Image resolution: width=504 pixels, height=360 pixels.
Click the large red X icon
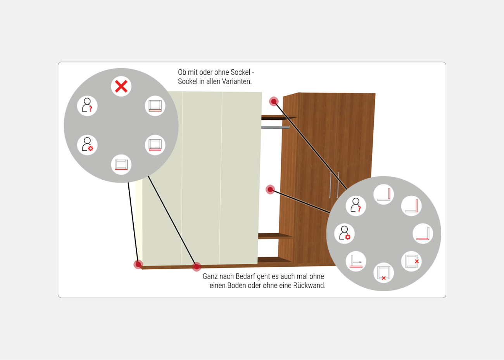(x=121, y=86)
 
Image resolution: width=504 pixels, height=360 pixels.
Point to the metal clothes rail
(x=275, y=127)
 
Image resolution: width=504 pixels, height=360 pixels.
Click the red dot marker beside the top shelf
(x=274, y=102)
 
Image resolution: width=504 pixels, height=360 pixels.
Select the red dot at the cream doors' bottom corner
(x=138, y=264)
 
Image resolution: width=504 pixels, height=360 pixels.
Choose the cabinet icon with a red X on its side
(x=411, y=261)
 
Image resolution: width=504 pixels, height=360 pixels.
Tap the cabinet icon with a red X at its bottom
(x=384, y=273)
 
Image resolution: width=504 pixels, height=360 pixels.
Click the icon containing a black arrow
(x=356, y=261)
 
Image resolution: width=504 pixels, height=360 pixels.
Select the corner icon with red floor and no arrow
(x=423, y=234)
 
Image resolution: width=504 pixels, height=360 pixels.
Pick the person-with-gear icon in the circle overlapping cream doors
(x=87, y=145)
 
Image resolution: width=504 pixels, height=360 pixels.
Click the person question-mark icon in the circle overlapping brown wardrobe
(x=356, y=206)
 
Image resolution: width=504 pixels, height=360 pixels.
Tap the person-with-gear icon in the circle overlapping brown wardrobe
(x=345, y=234)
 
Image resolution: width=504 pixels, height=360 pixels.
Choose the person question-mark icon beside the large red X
(x=87, y=106)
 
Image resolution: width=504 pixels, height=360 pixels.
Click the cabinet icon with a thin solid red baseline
(x=121, y=165)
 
